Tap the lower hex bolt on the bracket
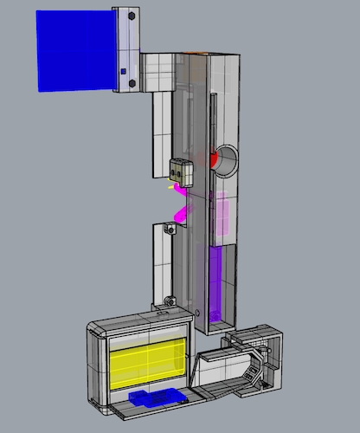click(132, 84)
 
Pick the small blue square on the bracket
click(124, 71)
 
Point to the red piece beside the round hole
click(212, 158)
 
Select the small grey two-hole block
click(181, 171)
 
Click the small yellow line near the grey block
click(170, 184)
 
